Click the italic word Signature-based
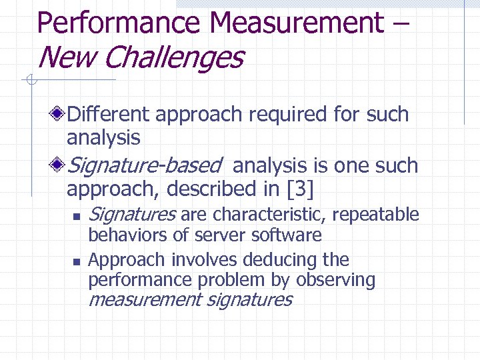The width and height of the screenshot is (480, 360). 144,165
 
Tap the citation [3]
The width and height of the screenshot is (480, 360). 299,189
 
